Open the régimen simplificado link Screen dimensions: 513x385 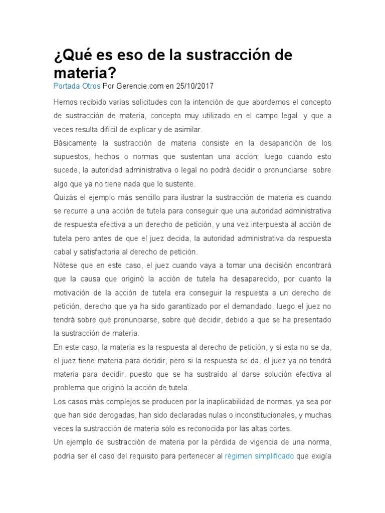coord(259,456)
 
